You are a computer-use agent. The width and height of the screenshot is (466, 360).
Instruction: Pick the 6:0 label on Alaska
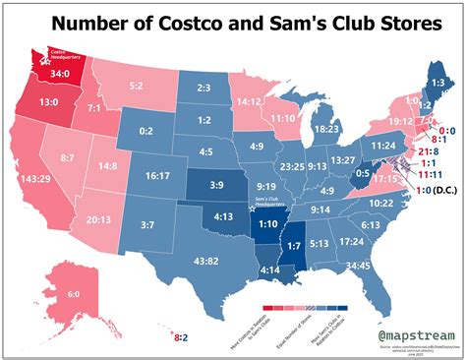46,294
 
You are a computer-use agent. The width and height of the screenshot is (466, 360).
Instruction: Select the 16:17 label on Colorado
157,176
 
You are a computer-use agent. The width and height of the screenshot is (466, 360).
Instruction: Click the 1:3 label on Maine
438,83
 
